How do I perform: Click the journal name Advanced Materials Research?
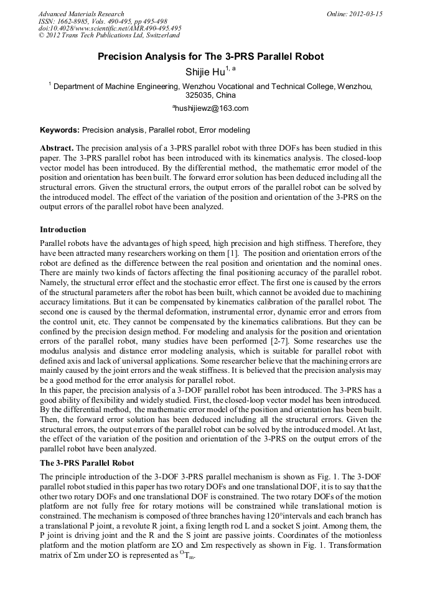click(x=81, y=14)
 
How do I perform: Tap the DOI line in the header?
click(x=110, y=29)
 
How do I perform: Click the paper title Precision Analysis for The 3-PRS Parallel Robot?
click(x=211, y=57)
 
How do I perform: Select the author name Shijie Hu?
click(x=205, y=72)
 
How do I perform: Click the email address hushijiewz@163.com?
click(x=211, y=108)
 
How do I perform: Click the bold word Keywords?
click(x=60, y=130)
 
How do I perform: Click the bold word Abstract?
click(x=57, y=148)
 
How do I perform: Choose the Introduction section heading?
click(x=63, y=230)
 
